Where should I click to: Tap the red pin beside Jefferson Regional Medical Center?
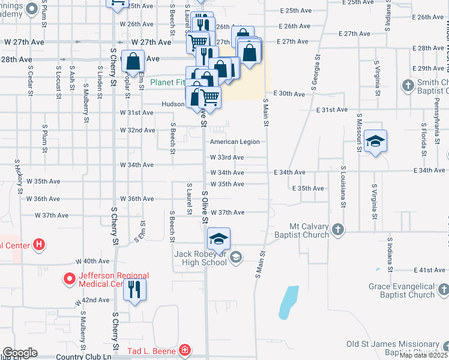[x=70, y=280]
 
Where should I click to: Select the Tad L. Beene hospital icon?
[x=185, y=350]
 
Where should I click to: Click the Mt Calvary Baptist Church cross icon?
[x=339, y=229]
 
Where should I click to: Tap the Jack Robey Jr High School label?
[x=200, y=258]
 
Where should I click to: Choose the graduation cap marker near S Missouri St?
[x=375, y=142]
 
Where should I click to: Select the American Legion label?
[x=235, y=142]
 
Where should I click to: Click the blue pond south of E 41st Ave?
[x=288, y=302]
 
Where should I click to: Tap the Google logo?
[x=20, y=352]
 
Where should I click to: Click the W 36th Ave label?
[x=137, y=199]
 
